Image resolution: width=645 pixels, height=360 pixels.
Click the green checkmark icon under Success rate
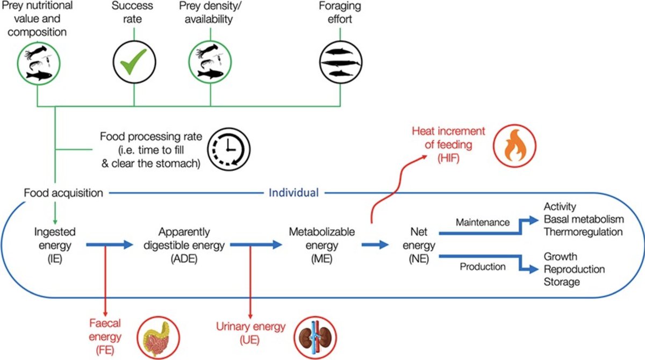(x=133, y=63)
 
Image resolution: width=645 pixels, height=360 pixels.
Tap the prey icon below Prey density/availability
(x=210, y=63)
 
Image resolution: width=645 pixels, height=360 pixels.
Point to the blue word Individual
(x=293, y=192)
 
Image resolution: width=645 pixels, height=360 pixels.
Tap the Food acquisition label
(x=63, y=192)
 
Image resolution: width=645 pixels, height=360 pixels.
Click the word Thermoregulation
(x=583, y=232)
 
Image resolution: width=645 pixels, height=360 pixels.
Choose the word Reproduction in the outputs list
(x=574, y=269)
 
